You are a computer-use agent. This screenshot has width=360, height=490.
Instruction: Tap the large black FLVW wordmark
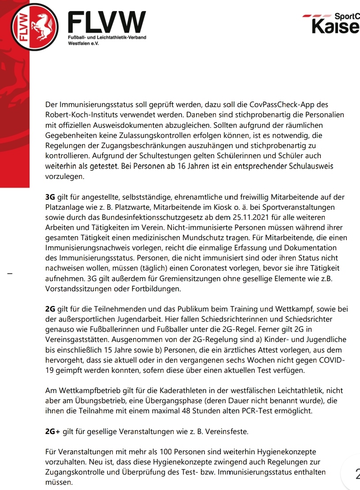107,22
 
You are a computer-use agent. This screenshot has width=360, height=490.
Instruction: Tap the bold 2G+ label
52,432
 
